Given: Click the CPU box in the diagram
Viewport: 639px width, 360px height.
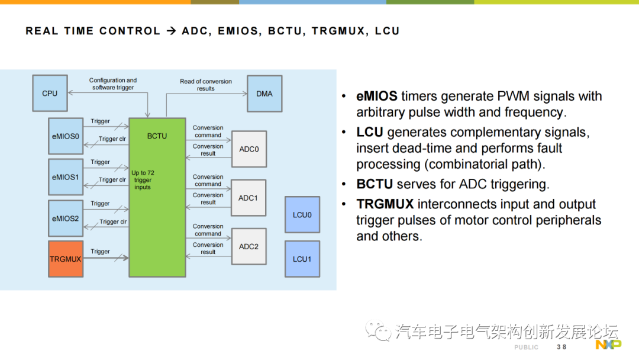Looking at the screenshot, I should coord(50,94).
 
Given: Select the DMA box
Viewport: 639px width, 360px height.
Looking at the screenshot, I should coord(264,94).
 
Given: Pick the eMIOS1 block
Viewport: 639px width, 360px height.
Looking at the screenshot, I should coord(65,176).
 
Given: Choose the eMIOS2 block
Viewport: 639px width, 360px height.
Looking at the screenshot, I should coord(65,218).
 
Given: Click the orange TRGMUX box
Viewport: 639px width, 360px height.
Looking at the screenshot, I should coord(65,259).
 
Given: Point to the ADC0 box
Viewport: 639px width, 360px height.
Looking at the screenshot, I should coord(248,149).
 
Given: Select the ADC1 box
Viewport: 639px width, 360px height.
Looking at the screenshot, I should coord(248,198).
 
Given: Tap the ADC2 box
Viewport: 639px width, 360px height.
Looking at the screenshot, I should coord(248,246).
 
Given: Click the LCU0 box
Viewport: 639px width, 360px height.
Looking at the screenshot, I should coord(302,214).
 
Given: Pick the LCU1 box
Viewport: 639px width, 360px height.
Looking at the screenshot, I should coord(302,259).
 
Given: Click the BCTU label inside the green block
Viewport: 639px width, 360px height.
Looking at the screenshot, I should coord(157,136).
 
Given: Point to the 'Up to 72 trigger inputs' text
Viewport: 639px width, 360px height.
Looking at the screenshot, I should coord(143,180).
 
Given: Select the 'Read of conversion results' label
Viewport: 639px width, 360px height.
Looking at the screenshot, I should coord(206,85).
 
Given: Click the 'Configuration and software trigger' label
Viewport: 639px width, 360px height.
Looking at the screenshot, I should coord(113,84).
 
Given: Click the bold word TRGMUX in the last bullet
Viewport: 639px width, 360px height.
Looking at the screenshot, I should coord(385,204).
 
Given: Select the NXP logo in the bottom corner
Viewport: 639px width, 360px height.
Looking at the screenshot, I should coord(608,345).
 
